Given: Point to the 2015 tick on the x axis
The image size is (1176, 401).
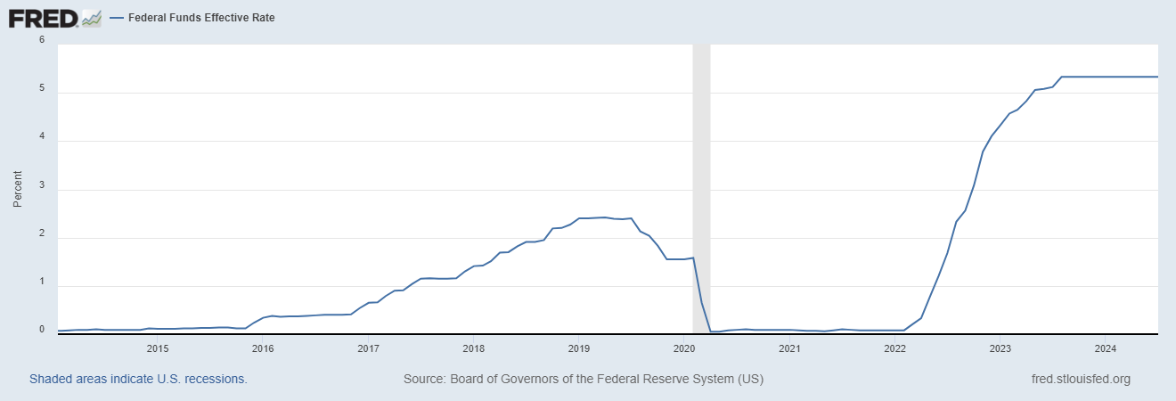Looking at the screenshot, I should [157, 348].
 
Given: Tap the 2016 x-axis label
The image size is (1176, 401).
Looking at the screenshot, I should [263, 348].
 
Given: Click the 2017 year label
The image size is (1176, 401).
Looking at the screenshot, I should [368, 348].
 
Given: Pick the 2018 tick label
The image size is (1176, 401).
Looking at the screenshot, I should [473, 348].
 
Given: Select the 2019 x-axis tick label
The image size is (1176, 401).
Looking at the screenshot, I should [579, 348].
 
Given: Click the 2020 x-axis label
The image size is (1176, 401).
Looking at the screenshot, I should [684, 348].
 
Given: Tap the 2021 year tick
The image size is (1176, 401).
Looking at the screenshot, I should [789, 348].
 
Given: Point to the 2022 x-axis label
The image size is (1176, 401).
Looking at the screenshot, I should [895, 348].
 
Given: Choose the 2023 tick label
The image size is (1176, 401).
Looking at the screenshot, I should [1000, 348].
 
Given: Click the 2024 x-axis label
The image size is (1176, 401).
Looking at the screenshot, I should [1106, 348].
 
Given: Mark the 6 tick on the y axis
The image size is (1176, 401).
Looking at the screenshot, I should [41, 40].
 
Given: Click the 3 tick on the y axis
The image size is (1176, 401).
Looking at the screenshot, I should [41, 190].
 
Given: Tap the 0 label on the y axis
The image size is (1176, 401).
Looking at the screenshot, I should [41, 330].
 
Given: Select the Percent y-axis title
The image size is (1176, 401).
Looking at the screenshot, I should [17, 189].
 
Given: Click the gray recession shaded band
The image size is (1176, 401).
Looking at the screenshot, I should [701, 187].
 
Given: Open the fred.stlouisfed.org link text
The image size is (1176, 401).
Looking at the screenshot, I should [1080, 379].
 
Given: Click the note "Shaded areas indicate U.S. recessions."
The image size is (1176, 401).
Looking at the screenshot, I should [138, 379].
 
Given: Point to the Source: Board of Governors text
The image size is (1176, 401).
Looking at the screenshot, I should [584, 379].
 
